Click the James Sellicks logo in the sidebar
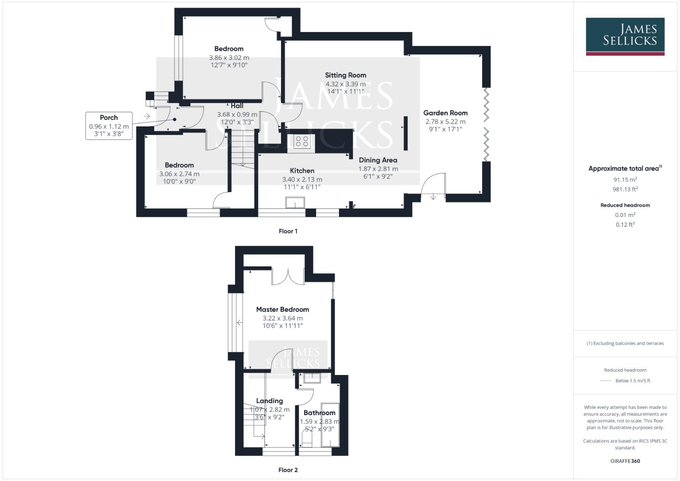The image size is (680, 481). (625, 36)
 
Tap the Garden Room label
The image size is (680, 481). (445, 113)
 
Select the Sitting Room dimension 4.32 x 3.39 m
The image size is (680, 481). (346, 84)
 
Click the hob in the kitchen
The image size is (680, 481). (302, 142)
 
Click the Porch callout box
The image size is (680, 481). (109, 126)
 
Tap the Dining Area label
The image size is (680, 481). (378, 160)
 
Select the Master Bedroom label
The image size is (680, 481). (282, 310)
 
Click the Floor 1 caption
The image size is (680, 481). (288, 231)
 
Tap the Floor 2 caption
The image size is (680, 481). (288, 470)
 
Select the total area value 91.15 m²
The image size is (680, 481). (625, 179)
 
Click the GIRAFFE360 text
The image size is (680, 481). (625, 461)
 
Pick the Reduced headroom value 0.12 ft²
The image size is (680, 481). (625, 224)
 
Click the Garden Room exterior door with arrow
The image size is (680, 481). (433, 187)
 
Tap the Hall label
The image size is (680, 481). (237, 106)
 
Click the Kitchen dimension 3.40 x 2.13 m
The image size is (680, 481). (302, 179)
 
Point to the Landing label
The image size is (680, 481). (269, 401)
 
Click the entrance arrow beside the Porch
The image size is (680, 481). (147, 117)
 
